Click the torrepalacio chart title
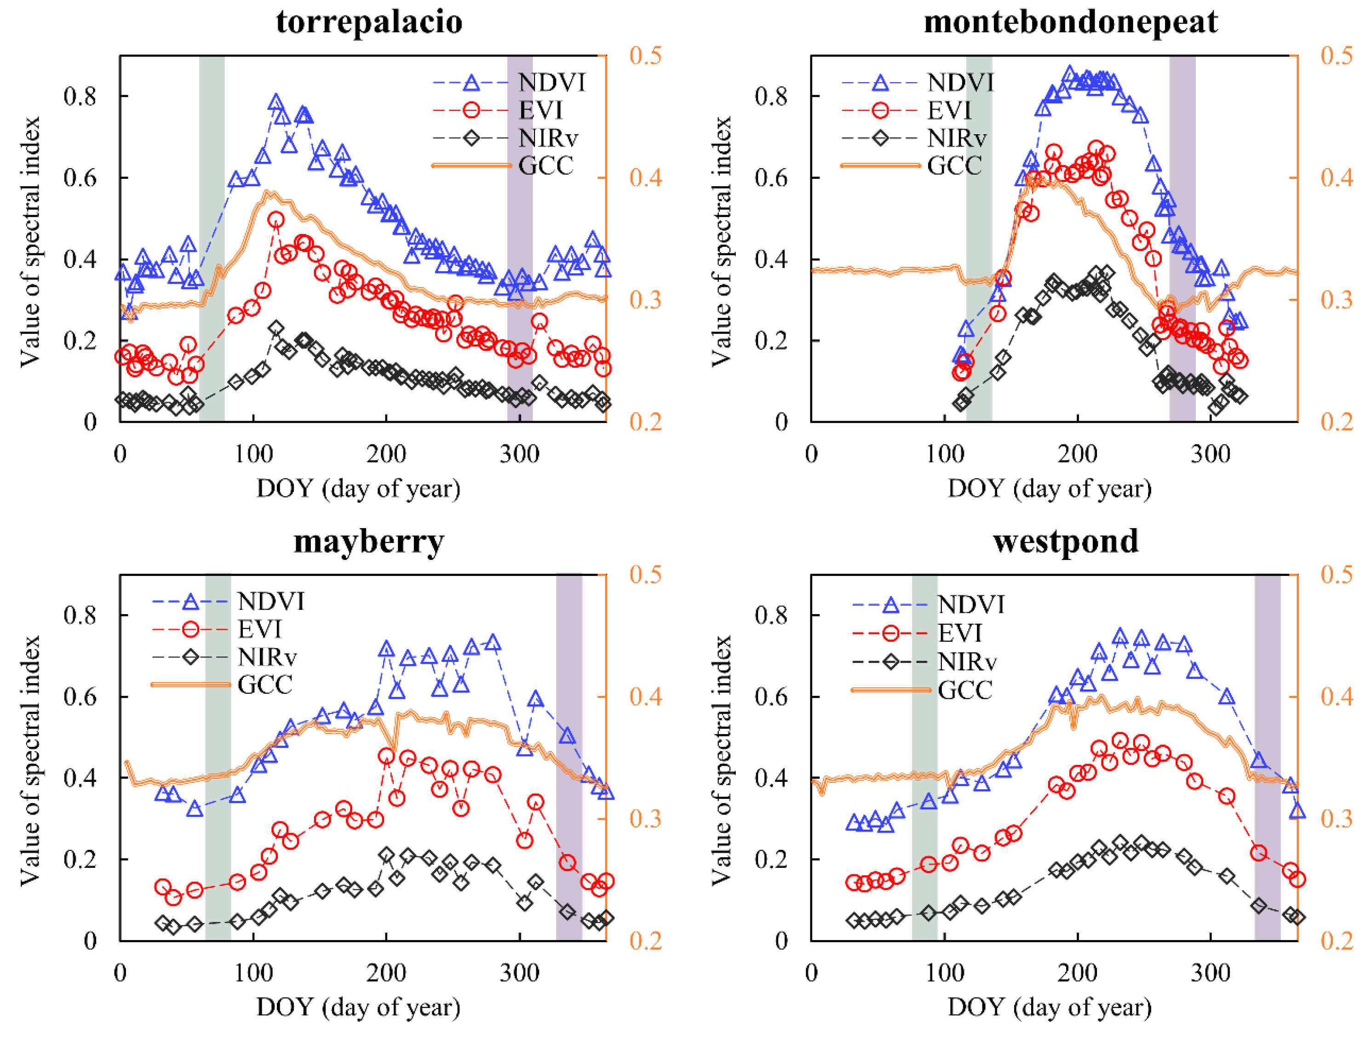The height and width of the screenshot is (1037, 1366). [x=369, y=22]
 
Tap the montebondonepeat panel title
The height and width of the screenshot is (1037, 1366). [x=1070, y=22]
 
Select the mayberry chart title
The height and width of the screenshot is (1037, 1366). [x=369, y=541]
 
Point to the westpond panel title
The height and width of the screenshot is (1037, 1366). [x=1065, y=541]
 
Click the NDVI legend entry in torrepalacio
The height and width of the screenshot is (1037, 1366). [x=551, y=83]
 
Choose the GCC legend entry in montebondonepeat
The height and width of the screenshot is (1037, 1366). [x=954, y=165]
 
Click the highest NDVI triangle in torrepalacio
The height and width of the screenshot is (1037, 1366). [x=275, y=103]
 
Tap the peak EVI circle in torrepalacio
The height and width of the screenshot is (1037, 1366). [x=276, y=220]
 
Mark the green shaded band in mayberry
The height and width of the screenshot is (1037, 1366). [x=218, y=758]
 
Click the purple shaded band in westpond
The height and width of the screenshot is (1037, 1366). [x=1267, y=758]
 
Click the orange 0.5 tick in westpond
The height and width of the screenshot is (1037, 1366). [x=1337, y=575]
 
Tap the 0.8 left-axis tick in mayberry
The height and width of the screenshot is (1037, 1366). [x=80, y=615]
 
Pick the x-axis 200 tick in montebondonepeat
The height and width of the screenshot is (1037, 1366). [x=1077, y=454]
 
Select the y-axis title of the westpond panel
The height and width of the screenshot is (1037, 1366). [x=721, y=760]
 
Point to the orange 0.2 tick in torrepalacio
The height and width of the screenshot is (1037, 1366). [x=645, y=422]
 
